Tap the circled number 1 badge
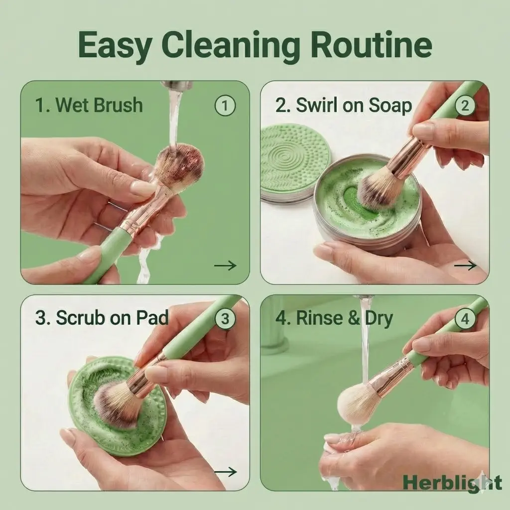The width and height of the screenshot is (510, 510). click(225, 105)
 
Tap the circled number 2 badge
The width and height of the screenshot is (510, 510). click(465, 105)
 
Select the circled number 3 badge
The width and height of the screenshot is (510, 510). click(225, 318)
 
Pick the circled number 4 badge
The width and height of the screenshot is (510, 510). click(465, 318)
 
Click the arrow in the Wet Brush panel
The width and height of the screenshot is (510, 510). click(225, 265)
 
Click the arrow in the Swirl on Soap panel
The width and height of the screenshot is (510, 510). click(465, 265)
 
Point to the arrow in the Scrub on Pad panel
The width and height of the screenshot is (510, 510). click(225, 472)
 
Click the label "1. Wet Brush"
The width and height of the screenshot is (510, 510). click(89, 105)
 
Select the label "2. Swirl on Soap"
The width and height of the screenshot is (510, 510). click(344, 106)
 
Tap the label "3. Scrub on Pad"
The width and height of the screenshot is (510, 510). click(102, 318)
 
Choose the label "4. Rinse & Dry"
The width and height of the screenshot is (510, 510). click(334, 318)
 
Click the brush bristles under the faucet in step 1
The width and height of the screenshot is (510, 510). click(180, 168)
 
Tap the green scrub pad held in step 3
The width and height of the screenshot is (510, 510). click(117, 406)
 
